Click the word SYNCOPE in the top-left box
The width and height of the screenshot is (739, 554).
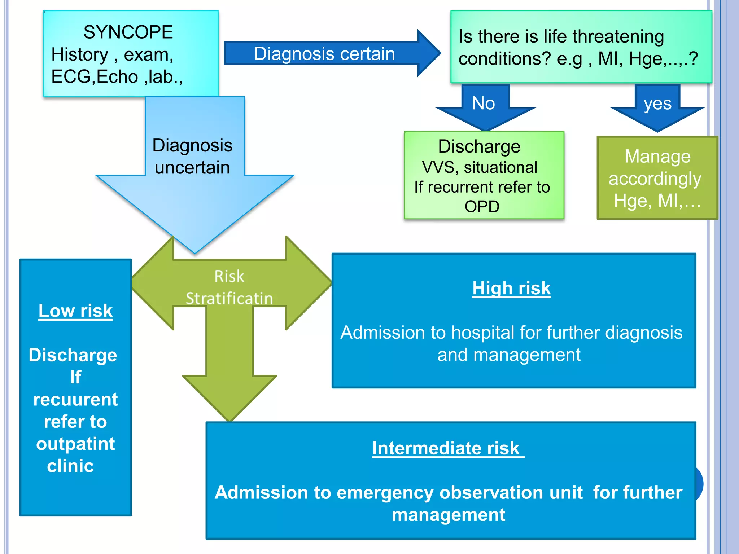(x=128, y=32)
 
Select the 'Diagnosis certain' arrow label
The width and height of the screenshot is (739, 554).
(x=324, y=54)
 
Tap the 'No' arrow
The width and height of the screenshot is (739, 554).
(x=484, y=104)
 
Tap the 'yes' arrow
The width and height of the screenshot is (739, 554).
(x=657, y=104)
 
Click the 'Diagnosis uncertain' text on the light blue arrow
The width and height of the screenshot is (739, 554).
(x=192, y=156)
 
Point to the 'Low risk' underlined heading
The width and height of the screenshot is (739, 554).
(x=75, y=311)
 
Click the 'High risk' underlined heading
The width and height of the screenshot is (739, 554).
(x=511, y=288)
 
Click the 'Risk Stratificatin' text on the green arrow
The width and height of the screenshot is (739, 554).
(x=229, y=287)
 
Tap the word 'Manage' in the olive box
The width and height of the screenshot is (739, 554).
(x=657, y=157)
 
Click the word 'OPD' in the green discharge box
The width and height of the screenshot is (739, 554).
(x=482, y=207)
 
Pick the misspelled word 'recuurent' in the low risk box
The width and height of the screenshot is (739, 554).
(x=75, y=400)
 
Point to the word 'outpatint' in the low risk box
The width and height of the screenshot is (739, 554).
(x=75, y=444)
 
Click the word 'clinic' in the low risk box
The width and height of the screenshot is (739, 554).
(x=70, y=466)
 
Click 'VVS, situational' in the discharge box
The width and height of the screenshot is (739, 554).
(x=480, y=167)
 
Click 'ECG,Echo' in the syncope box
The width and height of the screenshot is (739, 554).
(x=95, y=77)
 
